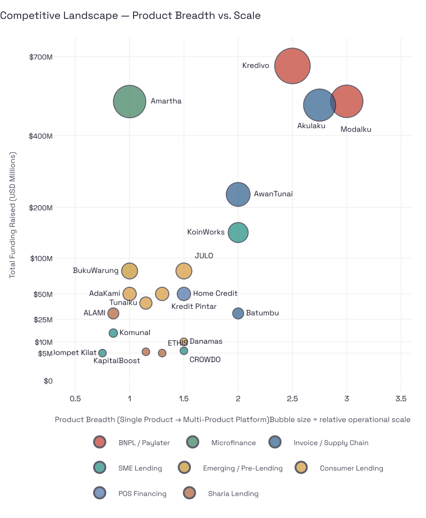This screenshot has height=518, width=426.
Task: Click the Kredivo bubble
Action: tap(292, 66)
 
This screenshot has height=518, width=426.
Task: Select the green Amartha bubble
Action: tap(129, 101)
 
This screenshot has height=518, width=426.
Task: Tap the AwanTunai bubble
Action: tap(238, 194)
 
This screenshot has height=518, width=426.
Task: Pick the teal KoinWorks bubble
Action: tap(238, 232)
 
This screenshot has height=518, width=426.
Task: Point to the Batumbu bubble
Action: tap(238, 313)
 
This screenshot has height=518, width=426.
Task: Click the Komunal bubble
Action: tap(113, 333)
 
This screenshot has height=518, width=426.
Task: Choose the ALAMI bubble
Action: tap(113, 313)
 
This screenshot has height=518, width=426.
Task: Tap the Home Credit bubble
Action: tap(184, 294)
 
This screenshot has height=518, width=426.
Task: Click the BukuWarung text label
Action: tap(95, 271)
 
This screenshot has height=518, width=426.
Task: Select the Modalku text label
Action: tap(356, 129)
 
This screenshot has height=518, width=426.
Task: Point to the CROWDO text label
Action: tap(205, 360)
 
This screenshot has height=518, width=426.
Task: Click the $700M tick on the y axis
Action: tap(41, 57)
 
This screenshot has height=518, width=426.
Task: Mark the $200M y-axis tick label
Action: tap(41, 208)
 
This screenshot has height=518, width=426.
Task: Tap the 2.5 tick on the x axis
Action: tap(292, 399)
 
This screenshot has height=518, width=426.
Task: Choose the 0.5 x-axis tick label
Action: tap(75, 399)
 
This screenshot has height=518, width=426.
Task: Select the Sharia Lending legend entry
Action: tap(233, 494)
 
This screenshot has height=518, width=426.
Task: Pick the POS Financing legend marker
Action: tap(100, 494)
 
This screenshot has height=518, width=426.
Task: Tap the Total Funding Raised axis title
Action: tap(13, 215)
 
